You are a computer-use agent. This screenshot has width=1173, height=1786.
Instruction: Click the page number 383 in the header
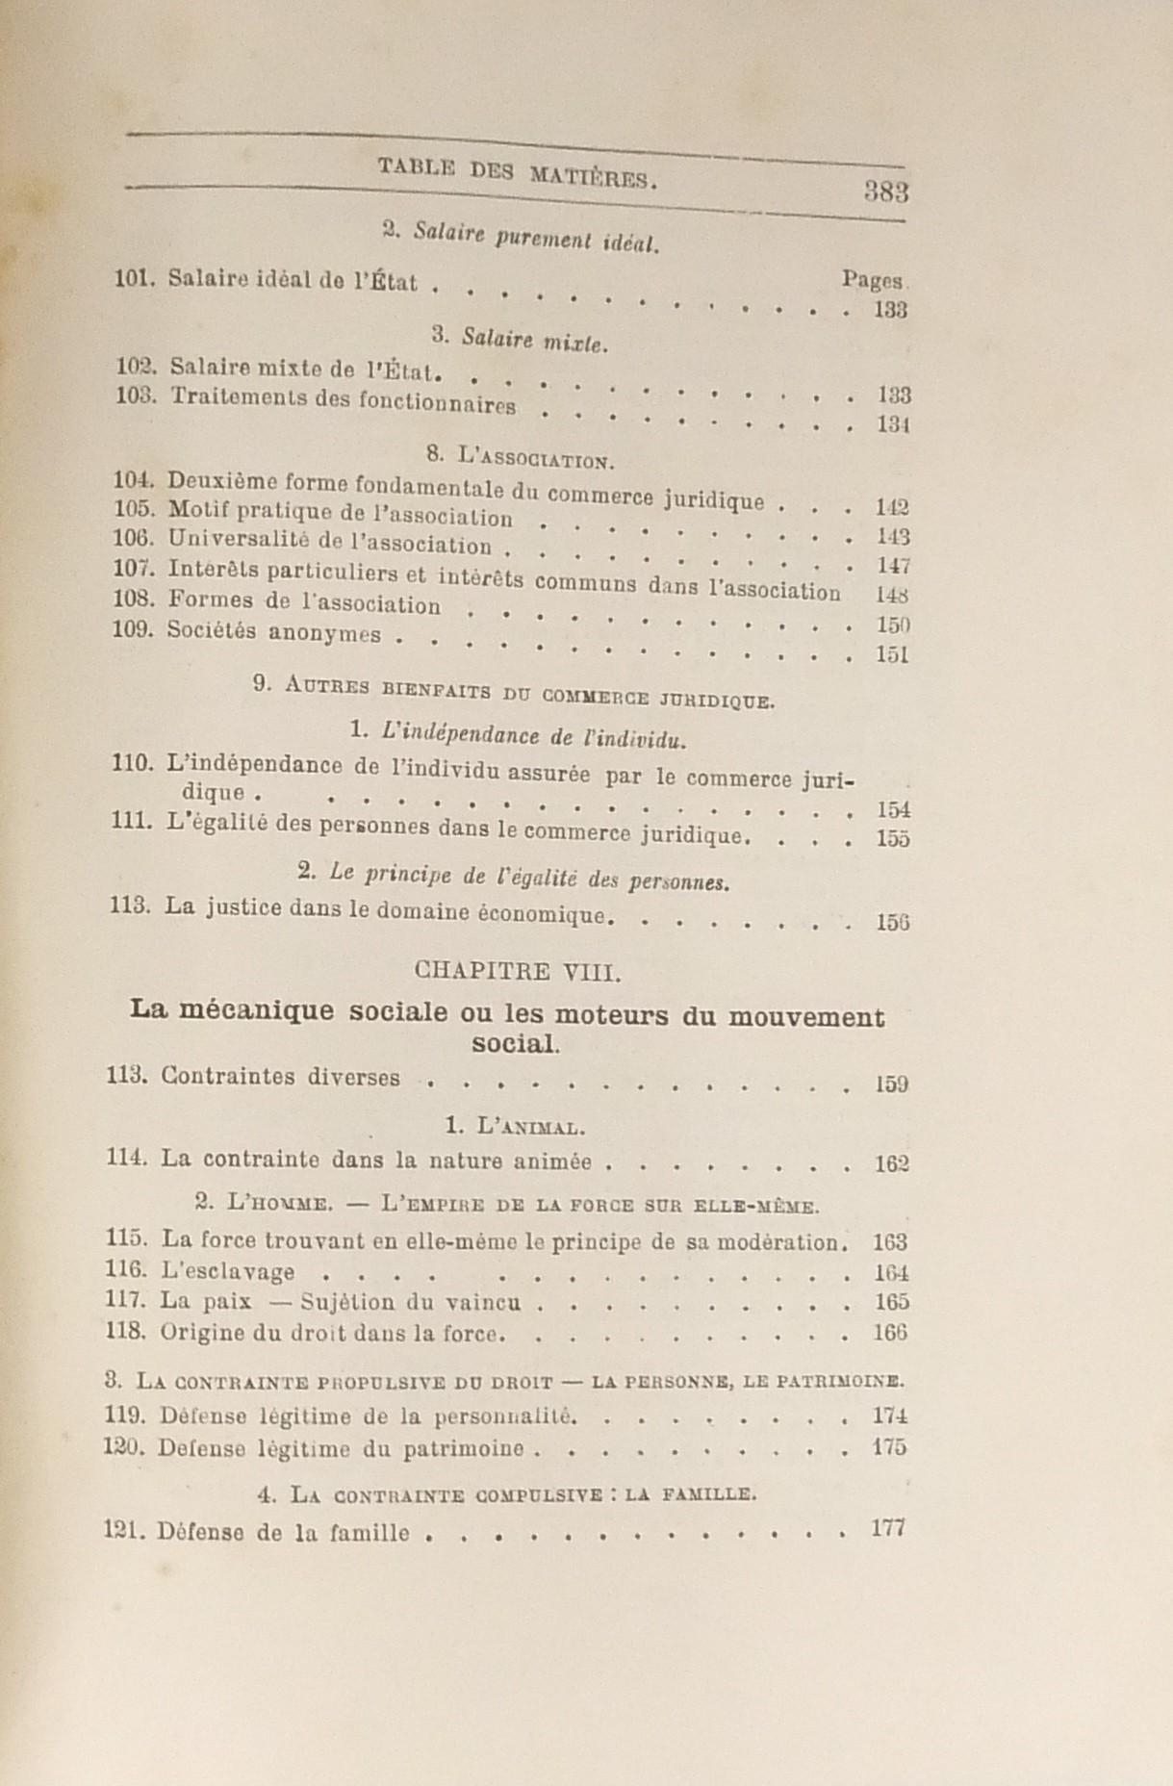click(x=885, y=191)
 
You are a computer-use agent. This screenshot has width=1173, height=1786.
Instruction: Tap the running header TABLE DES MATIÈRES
click(x=517, y=172)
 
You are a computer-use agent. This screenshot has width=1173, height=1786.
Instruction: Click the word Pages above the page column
click(x=873, y=280)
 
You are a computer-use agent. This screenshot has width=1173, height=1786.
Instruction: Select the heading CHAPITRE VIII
click(x=518, y=971)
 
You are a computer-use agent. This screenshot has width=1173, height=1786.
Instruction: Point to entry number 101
click(x=134, y=278)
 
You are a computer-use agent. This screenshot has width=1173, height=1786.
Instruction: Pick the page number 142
click(x=892, y=507)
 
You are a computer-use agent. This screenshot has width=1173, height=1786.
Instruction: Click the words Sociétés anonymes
click(x=274, y=632)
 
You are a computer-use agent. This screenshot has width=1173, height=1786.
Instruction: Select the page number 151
click(x=892, y=655)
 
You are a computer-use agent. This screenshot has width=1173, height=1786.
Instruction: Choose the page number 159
click(x=891, y=1084)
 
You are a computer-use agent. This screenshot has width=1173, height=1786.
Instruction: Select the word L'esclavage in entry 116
click(x=228, y=1272)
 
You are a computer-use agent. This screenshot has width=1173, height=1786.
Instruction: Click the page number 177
click(x=887, y=1528)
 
